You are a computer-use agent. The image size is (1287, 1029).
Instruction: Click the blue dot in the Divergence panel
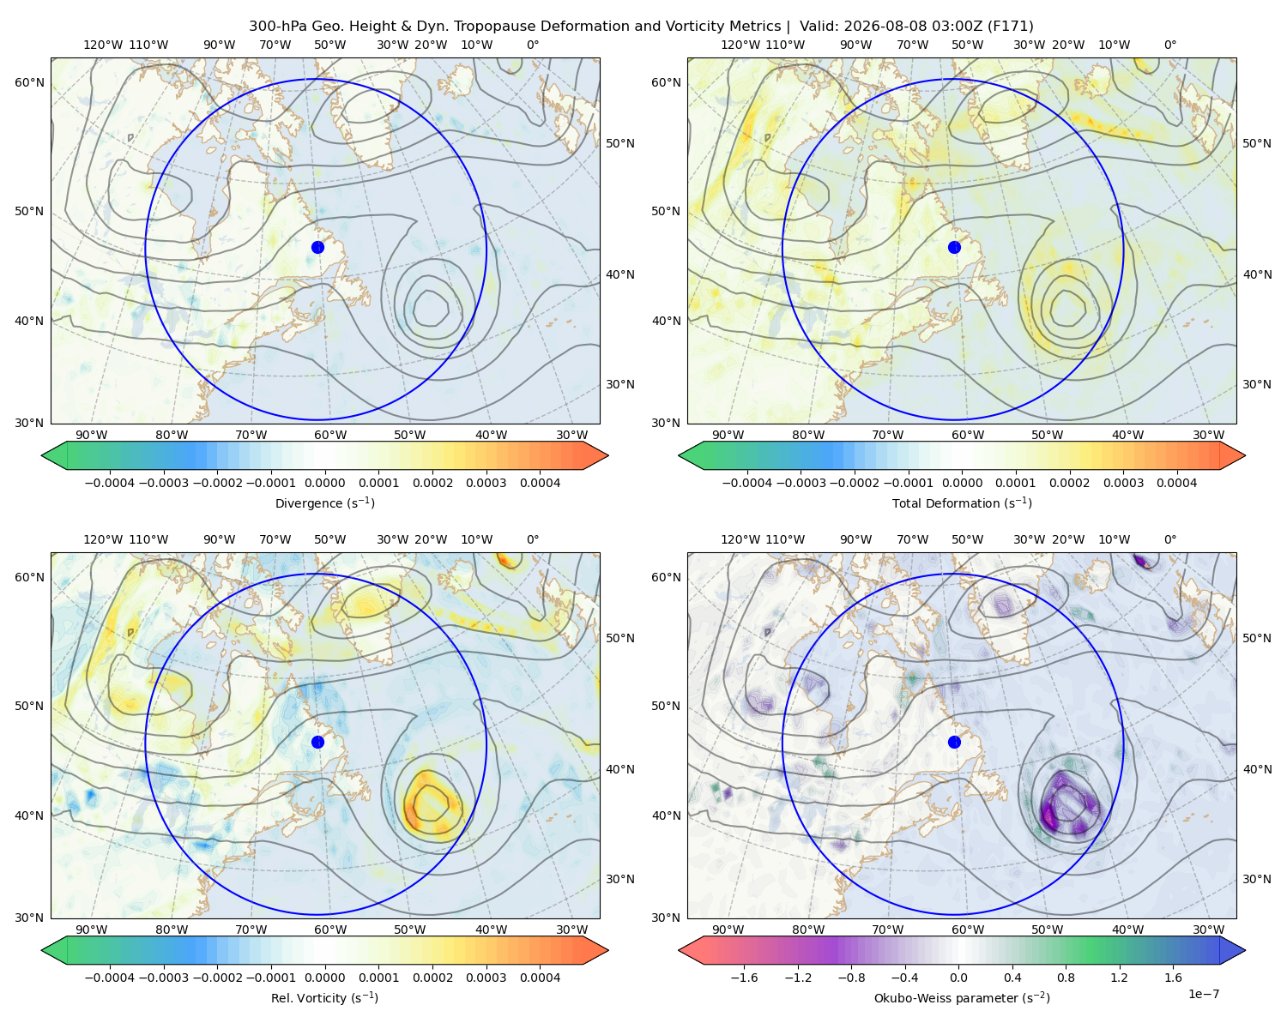pyautogui.click(x=317, y=247)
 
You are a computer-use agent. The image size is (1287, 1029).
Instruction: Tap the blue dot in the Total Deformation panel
pyautogui.click(x=954, y=247)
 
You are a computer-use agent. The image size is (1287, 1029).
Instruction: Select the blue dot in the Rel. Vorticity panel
pyautogui.click(x=317, y=742)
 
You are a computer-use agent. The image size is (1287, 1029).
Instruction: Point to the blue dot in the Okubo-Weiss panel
pyautogui.click(x=954, y=742)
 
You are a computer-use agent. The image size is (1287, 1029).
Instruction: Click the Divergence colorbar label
pyautogui.click(x=324, y=502)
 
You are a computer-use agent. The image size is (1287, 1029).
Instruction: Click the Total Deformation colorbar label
pyautogui.click(x=962, y=502)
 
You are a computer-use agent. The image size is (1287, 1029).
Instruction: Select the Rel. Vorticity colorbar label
pyautogui.click(x=324, y=997)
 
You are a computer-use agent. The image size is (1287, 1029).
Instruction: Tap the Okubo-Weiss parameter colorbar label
pyautogui.click(x=962, y=997)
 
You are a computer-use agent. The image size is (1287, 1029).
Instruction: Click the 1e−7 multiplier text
pyautogui.click(x=1203, y=994)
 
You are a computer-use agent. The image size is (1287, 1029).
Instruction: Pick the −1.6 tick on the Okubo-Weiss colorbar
pyautogui.click(x=744, y=978)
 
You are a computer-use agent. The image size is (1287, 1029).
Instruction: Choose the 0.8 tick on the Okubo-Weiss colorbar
pyautogui.click(x=1066, y=978)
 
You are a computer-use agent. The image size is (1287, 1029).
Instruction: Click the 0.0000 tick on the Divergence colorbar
pyautogui.click(x=324, y=483)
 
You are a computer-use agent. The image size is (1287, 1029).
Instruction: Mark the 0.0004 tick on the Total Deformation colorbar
pyautogui.click(x=1176, y=483)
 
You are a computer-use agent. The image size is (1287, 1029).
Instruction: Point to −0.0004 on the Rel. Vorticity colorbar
pyautogui.click(x=110, y=978)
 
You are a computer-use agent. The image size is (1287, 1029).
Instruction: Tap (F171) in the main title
pyautogui.click(x=1010, y=27)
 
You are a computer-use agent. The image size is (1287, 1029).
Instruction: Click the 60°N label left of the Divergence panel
pyautogui.click(x=29, y=82)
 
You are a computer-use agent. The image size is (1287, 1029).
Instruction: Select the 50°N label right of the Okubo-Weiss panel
pyautogui.click(x=1257, y=638)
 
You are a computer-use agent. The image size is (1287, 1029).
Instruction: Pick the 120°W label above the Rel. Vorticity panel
pyautogui.click(x=103, y=539)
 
